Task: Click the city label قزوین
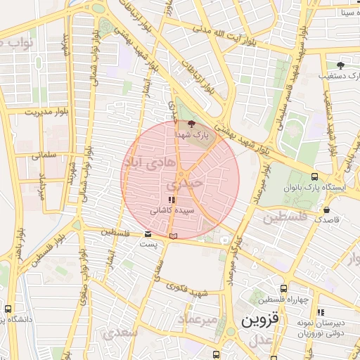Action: click(x=260, y=320)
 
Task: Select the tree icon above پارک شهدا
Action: click(x=193, y=125)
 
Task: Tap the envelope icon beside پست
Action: click(x=147, y=234)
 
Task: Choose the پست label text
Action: click(x=147, y=244)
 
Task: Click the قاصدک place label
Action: click(x=326, y=220)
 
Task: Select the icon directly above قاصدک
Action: click(x=326, y=210)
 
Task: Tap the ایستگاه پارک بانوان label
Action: click(x=314, y=188)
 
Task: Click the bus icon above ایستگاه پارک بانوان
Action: click(x=314, y=177)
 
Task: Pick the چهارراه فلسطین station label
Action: click(x=283, y=300)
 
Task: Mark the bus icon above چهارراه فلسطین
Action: click(x=283, y=288)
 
